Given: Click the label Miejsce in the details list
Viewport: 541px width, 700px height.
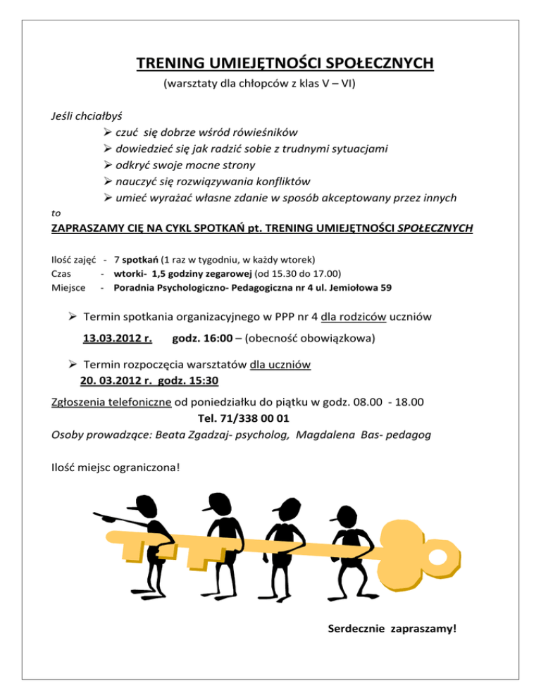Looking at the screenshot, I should (x=69, y=287).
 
